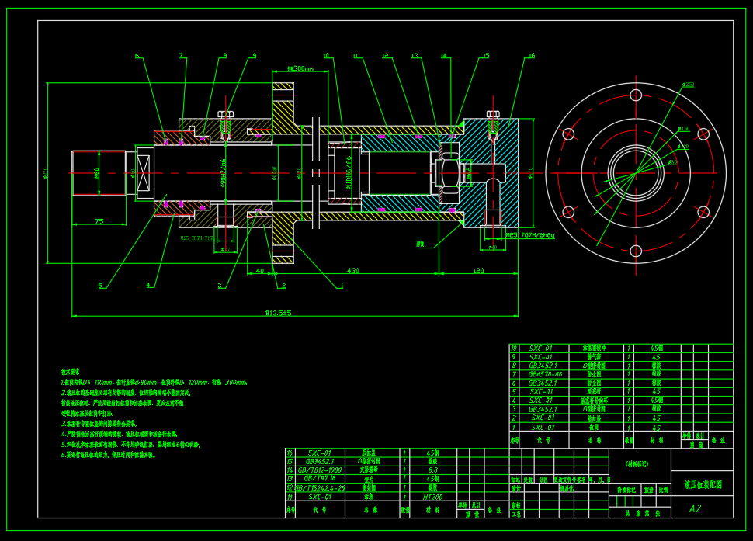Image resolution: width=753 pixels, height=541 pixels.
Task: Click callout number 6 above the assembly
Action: click(x=137, y=56)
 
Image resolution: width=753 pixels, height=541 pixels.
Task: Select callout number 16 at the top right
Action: click(x=531, y=56)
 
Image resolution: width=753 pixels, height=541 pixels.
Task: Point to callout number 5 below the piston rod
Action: click(x=99, y=286)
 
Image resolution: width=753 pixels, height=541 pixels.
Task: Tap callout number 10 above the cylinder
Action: click(x=326, y=56)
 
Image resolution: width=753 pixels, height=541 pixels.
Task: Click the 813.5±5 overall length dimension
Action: click(x=278, y=313)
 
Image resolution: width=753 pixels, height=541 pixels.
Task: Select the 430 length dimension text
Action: click(x=353, y=271)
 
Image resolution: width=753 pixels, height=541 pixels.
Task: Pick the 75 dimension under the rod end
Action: click(x=99, y=222)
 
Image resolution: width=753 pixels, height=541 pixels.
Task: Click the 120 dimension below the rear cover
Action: click(x=478, y=271)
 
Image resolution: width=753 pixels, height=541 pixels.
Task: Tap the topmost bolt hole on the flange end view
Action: click(x=636, y=95)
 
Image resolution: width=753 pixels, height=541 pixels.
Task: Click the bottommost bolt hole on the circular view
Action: click(x=636, y=251)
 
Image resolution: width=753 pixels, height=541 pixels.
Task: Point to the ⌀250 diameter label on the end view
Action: click(x=688, y=84)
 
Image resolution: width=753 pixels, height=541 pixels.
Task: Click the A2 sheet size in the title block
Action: click(x=695, y=509)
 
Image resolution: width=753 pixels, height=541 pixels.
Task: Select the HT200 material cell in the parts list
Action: click(x=432, y=497)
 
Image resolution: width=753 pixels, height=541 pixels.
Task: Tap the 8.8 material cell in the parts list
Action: click(x=432, y=470)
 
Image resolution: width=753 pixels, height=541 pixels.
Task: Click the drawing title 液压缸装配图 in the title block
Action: click(x=702, y=484)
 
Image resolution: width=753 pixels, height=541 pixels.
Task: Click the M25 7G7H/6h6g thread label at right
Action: click(x=529, y=235)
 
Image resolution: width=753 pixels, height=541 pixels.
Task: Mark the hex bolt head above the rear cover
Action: click(x=492, y=114)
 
